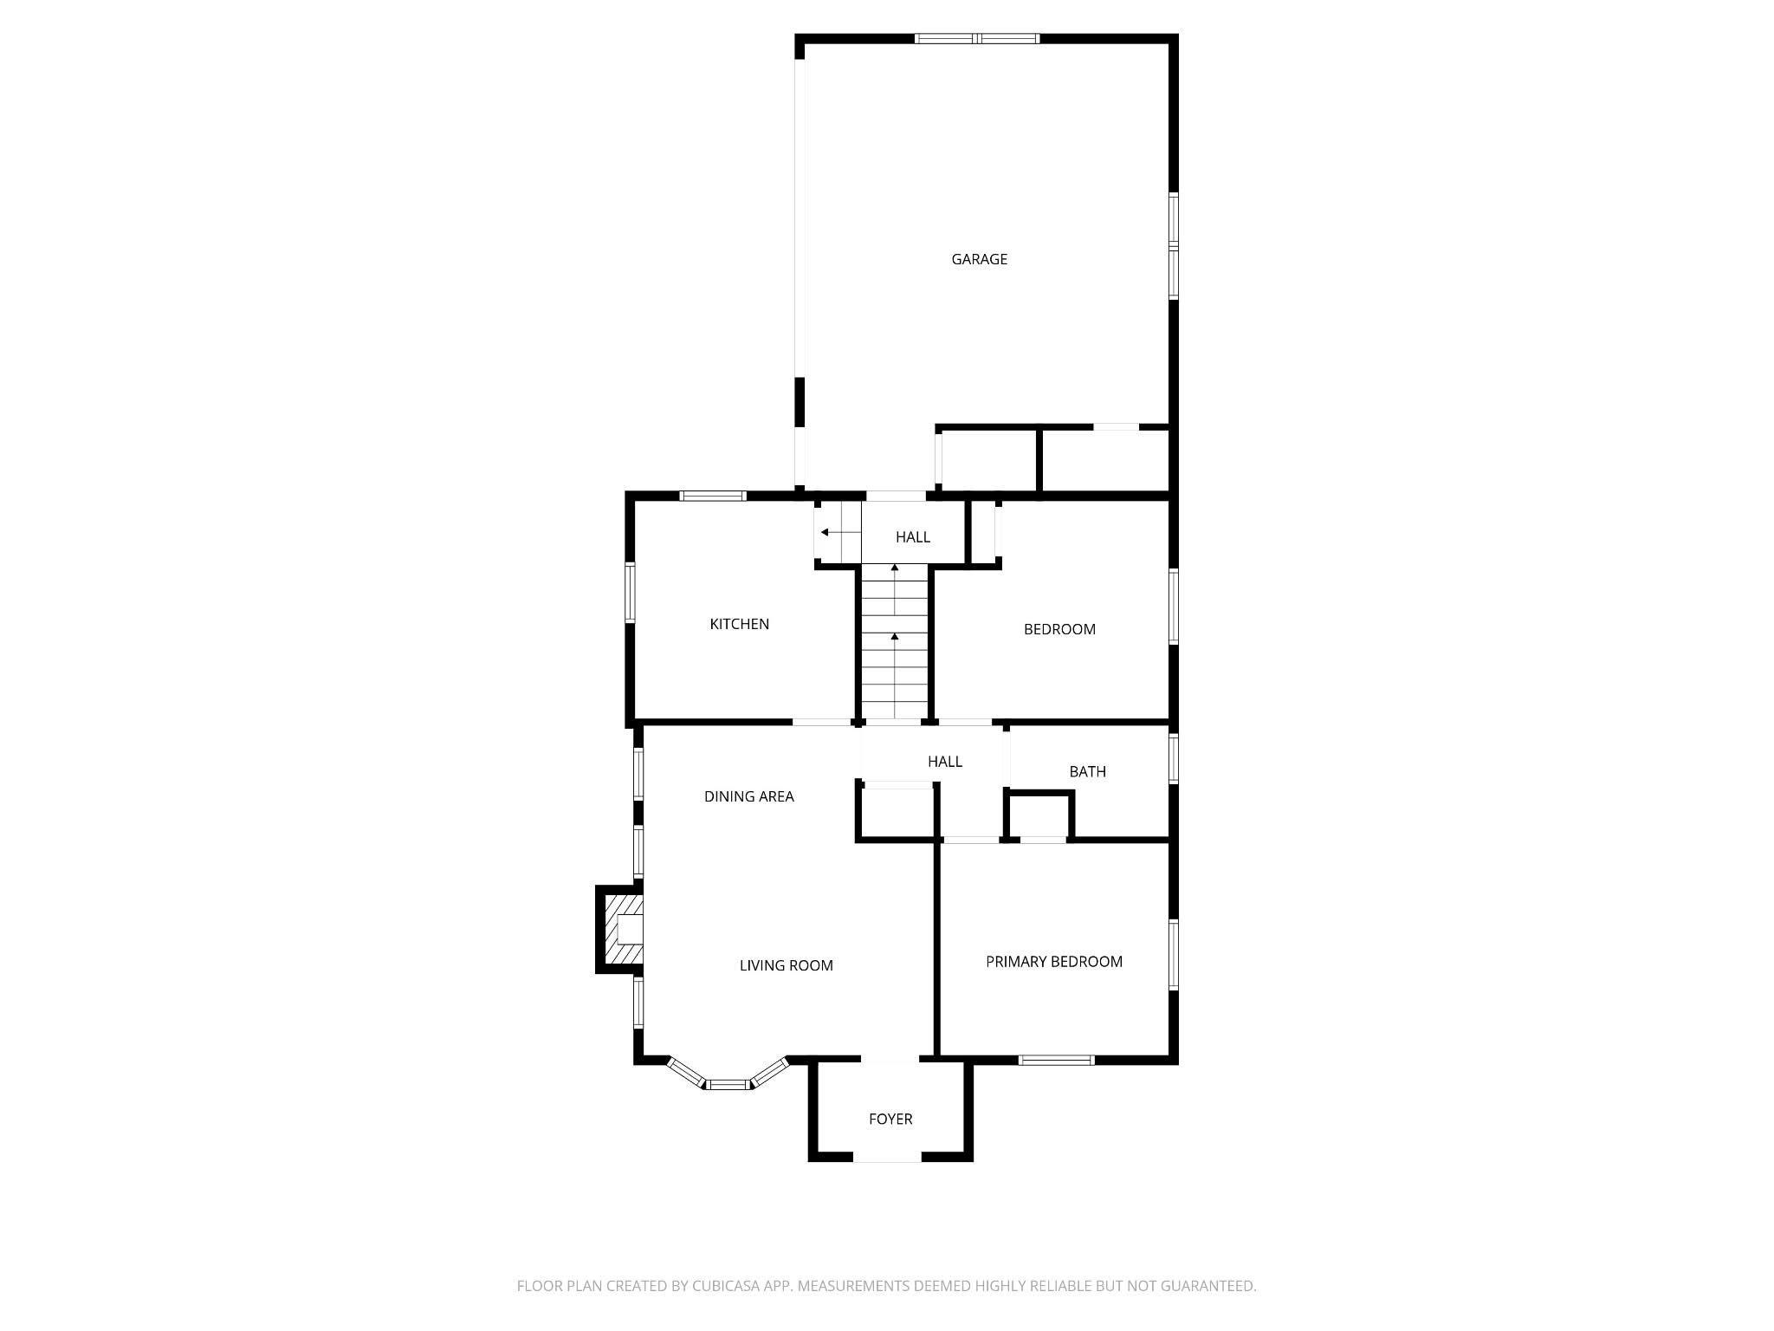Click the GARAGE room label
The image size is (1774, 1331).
tap(979, 259)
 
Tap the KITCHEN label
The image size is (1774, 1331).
tap(739, 624)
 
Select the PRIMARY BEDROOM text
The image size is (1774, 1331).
tap(1054, 961)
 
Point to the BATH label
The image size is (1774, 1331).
tap(1087, 771)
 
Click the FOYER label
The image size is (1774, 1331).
tap(890, 1119)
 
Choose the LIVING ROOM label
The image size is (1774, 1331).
tap(786, 965)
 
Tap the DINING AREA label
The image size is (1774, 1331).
tap(748, 796)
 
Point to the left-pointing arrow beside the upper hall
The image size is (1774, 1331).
tap(829, 532)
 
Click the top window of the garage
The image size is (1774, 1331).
tap(977, 38)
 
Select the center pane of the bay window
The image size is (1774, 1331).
tap(728, 1084)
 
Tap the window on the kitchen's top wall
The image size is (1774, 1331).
tap(713, 496)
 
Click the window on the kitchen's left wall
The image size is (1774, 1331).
tap(631, 592)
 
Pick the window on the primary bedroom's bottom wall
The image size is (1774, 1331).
tap(1057, 1059)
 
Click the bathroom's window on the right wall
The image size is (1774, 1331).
tap(1174, 759)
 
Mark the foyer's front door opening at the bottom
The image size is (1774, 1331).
tap(888, 1157)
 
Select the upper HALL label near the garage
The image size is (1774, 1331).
tap(913, 537)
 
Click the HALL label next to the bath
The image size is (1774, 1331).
tap(945, 762)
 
